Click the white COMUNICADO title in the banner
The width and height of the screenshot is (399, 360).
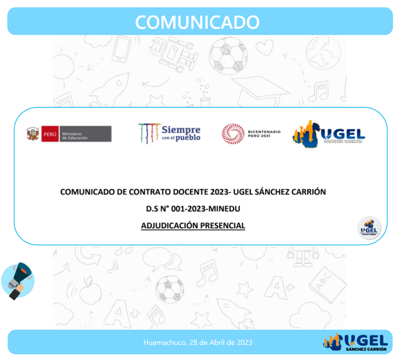pyautogui.click(x=197, y=22)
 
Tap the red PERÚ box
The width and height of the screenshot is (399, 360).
pyautogui.click(x=50, y=134)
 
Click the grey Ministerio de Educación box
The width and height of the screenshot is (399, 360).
pyautogui.click(x=85, y=134)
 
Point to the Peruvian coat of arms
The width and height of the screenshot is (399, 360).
pyautogui.click(x=33, y=134)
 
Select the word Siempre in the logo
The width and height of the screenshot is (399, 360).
pyautogui.click(x=181, y=130)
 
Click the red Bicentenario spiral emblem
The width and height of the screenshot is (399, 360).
pyautogui.click(x=233, y=134)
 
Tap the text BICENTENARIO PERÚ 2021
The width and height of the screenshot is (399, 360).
pyautogui.click(x=264, y=134)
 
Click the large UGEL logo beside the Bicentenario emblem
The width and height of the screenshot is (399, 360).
pyautogui.click(x=329, y=134)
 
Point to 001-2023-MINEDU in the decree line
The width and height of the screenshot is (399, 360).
pyautogui.click(x=206, y=209)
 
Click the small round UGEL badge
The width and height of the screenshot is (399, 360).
pyautogui.click(x=369, y=228)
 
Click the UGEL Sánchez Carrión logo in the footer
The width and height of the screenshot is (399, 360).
pyautogui.click(x=355, y=342)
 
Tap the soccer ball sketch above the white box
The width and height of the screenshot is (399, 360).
pyautogui.click(x=228, y=56)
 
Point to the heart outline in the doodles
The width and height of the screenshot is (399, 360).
pyautogui.click(x=265, y=48)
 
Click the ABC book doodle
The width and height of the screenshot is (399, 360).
pyautogui.click(x=327, y=285)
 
